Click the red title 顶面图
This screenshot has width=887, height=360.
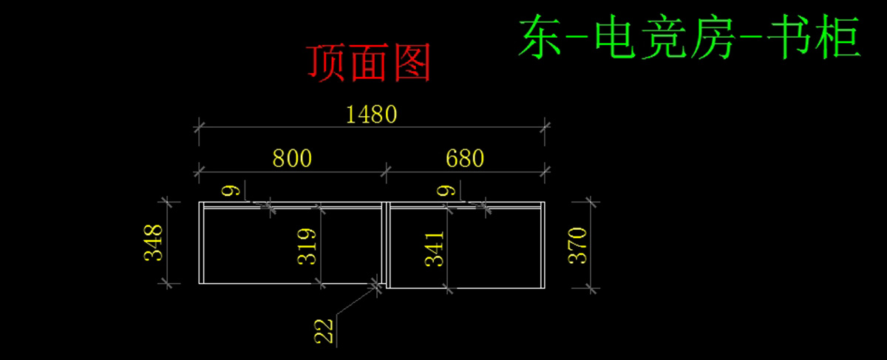pos(369,63)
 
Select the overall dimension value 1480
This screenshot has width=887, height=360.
pos(371,115)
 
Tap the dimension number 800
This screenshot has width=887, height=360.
pos(292,158)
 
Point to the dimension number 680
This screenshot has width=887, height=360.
pos(465,158)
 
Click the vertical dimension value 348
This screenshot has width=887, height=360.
pos(153,242)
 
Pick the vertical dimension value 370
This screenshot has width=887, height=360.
pos(577,245)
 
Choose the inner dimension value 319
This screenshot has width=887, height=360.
pos(307,246)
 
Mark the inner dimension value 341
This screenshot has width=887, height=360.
pos(435,249)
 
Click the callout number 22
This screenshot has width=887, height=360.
pos(324,331)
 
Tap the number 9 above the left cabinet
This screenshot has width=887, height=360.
pos(231,191)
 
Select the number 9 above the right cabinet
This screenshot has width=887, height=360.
pos(446,191)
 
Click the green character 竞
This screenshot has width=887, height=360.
pos(664,36)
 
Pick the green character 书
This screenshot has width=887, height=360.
pos(788,36)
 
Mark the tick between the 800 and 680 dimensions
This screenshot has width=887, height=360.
pos(386,172)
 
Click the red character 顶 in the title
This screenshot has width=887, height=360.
pos(325,63)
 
